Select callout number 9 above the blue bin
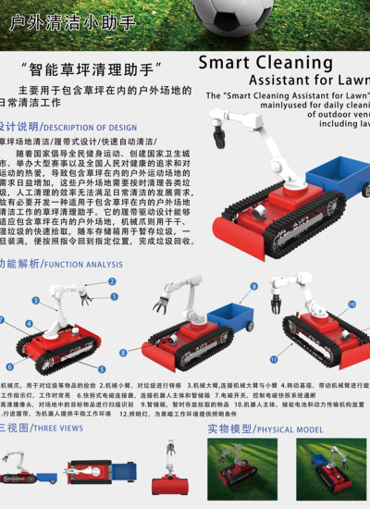[253, 286]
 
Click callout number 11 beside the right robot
[274, 358]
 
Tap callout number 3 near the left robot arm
[36, 300]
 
